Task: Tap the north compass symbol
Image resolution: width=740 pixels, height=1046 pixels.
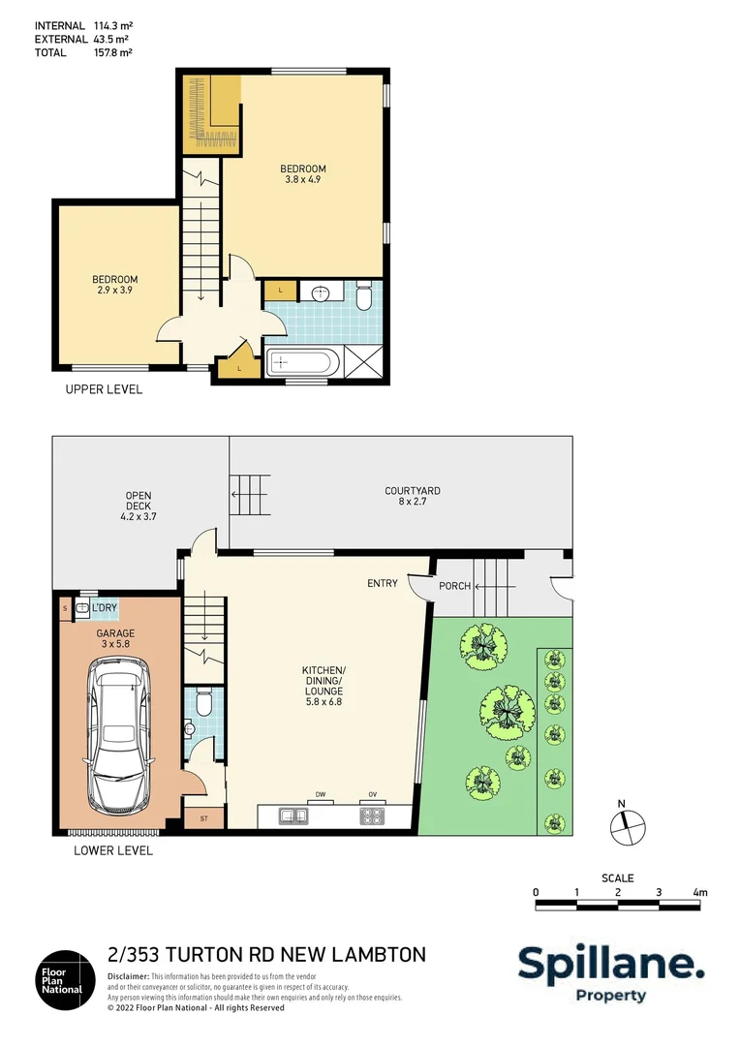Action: click(626, 824)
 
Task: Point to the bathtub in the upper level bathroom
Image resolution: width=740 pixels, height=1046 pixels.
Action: click(302, 363)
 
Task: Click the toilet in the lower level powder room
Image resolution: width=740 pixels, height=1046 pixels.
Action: click(202, 700)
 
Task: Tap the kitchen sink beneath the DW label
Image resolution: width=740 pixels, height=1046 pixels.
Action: click(293, 816)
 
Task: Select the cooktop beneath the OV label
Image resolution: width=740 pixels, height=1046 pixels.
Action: click(372, 816)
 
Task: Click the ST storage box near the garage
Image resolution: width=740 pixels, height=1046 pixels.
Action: click(204, 818)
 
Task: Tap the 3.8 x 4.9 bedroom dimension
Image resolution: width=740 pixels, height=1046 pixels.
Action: click(305, 179)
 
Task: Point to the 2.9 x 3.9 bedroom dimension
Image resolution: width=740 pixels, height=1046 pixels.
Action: click(114, 290)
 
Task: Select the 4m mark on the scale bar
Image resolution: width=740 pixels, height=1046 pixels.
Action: click(700, 892)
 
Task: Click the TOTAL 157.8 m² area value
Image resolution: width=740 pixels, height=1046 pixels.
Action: click(111, 53)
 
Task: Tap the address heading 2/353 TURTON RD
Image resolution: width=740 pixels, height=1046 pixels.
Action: click(266, 955)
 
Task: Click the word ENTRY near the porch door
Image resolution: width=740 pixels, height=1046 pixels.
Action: click(383, 583)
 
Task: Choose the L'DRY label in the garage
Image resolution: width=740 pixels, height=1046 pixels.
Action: click(105, 608)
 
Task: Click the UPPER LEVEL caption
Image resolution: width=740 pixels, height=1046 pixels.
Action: click(104, 389)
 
